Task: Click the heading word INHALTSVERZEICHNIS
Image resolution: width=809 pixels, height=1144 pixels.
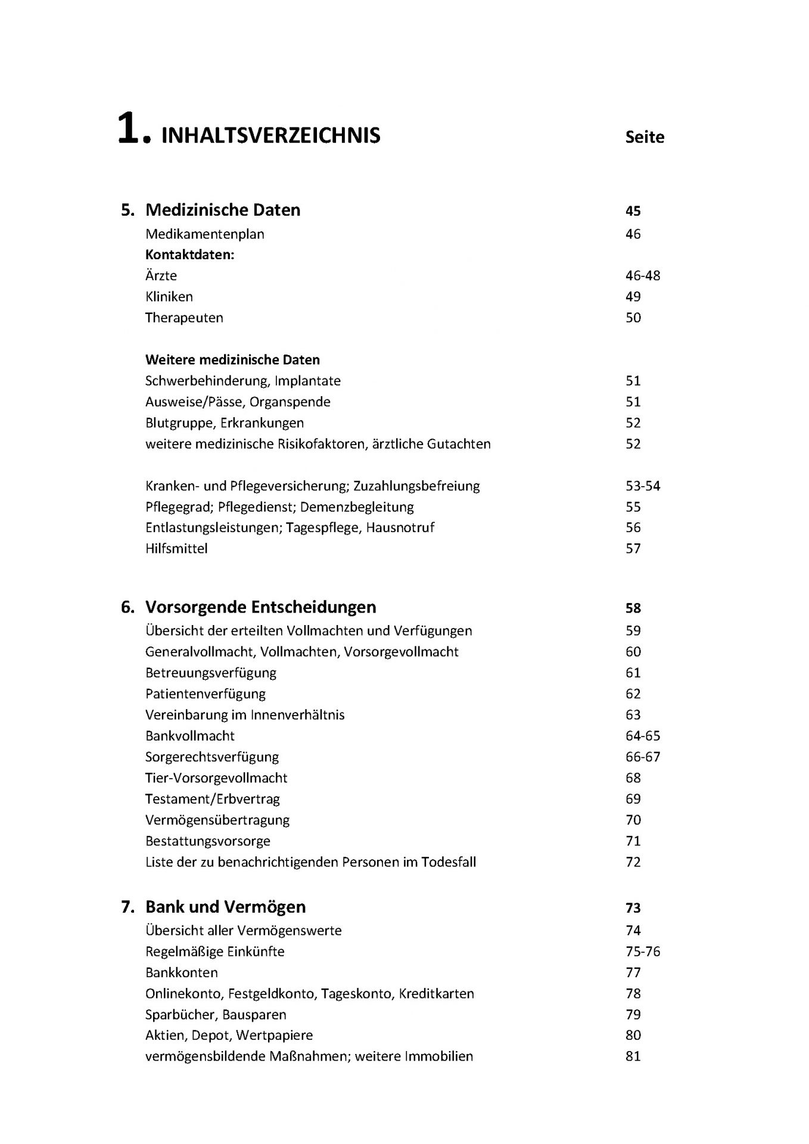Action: click(x=270, y=136)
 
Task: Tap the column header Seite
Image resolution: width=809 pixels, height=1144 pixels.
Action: click(x=645, y=137)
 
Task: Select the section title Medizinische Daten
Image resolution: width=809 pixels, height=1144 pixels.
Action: click(x=223, y=210)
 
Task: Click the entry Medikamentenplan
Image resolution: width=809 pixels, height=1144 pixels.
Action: click(x=204, y=234)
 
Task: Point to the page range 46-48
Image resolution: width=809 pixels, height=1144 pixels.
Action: click(x=643, y=276)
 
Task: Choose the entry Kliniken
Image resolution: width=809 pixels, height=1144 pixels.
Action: click(x=169, y=297)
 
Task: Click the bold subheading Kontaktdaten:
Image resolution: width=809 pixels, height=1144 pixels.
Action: click(x=189, y=255)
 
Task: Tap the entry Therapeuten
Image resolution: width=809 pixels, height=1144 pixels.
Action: click(x=184, y=318)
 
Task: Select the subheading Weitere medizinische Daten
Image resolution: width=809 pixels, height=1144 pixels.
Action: click(x=232, y=360)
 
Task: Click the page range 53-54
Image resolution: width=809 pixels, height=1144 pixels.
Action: click(x=643, y=486)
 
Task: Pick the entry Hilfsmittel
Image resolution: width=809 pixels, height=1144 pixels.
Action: click(x=176, y=549)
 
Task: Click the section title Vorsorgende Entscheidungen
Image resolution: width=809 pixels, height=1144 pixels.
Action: click(x=260, y=608)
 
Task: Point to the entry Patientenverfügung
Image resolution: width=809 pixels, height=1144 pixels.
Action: click(x=205, y=694)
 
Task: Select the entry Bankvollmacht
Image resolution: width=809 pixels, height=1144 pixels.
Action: click(x=189, y=736)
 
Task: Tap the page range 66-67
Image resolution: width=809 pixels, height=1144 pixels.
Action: click(x=643, y=757)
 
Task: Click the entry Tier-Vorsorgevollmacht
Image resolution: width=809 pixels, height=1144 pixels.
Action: click(x=216, y=778)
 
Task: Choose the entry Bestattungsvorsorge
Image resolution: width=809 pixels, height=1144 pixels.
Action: click(x=207, y=841)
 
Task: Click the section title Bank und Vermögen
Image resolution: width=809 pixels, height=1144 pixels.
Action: click(x=225, y=907)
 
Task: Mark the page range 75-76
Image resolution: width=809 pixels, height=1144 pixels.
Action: click(x=643, y=952)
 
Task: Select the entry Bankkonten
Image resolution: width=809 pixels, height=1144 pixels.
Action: click(x=181, y=973)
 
